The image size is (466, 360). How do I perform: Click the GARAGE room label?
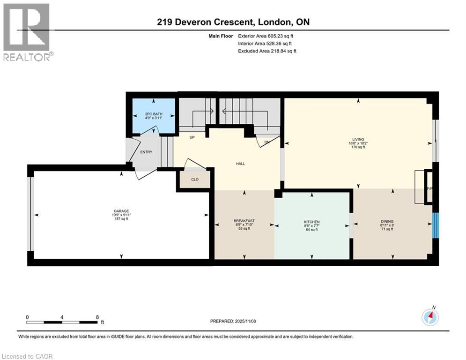click(x=121, y=211)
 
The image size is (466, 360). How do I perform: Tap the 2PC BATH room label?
click(x=154, y=114)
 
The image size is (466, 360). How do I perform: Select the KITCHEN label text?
click(x=312, y=222)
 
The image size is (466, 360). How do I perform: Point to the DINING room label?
click(x=387, y=222)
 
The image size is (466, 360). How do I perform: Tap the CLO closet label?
click(x=195, y=180)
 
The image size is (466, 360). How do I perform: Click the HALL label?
click(x=240, y=164)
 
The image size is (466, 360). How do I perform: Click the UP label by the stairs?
click(x=192, y=137)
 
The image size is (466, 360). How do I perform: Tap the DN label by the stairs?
click(x=267, y=142)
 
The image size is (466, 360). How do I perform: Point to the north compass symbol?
click(x=430, y=317)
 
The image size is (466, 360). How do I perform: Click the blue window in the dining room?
click(x=436, y=225)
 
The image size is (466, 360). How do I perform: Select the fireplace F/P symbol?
click(x=428, y=188)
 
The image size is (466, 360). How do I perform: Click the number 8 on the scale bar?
click(x=96, y=316)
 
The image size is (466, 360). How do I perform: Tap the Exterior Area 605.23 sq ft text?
click(x=267, y=36)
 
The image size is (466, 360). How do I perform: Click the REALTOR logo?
click(x=27, y=31)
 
